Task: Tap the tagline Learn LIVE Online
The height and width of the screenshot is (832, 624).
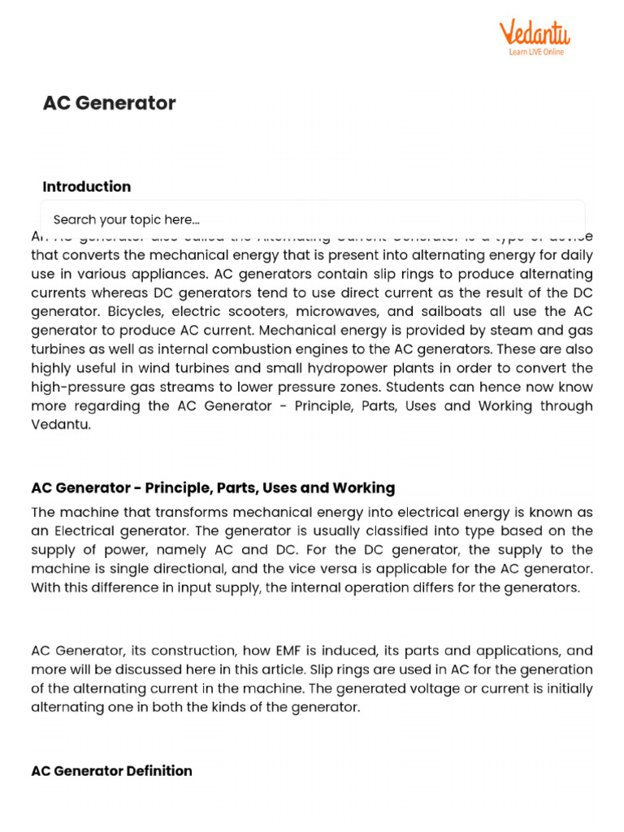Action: [536, 52]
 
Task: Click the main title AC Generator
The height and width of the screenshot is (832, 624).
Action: [109, 103]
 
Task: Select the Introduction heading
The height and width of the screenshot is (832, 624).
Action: [86, 186]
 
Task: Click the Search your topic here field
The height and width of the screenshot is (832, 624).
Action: [313, 219]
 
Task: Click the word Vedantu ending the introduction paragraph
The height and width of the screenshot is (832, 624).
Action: [61, 424]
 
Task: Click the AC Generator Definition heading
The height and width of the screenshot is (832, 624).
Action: [111, 770]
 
